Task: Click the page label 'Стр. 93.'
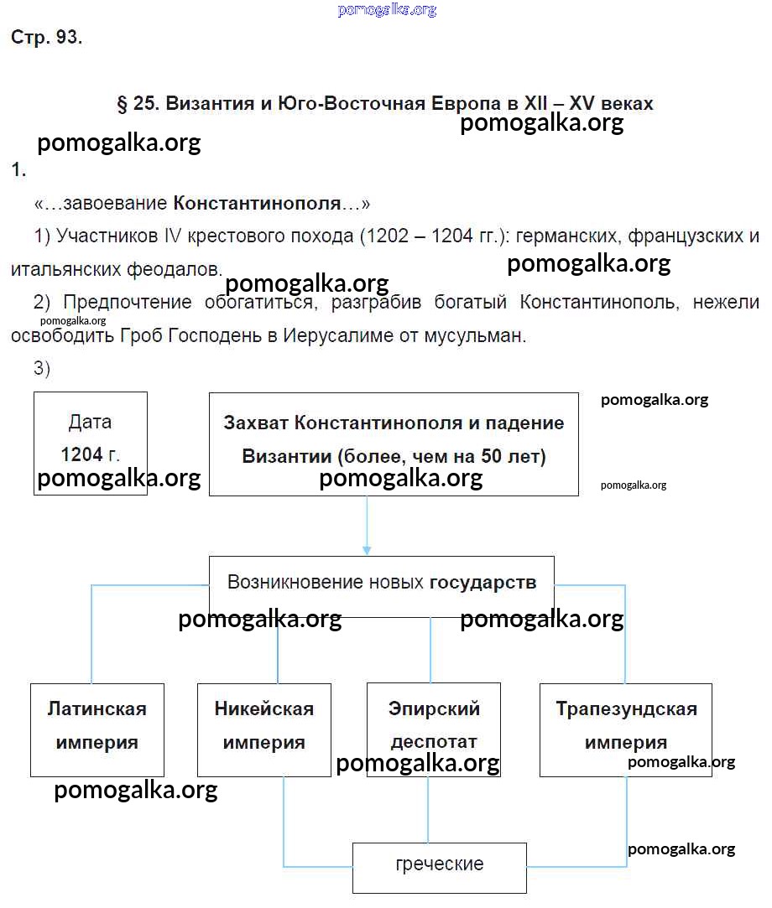click(47, 38)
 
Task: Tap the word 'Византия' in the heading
click(211, 104)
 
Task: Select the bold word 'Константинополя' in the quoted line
click(258, 203)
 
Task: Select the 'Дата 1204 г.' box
click(91, 443)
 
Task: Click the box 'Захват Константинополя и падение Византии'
click(394, 443)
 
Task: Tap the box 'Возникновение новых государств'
click(382, 583)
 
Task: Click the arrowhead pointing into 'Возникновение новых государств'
click(367, 549)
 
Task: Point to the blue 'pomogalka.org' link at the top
click(387, 10)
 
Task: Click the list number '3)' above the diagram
click(42, 368)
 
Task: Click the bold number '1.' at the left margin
click(19, 170)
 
